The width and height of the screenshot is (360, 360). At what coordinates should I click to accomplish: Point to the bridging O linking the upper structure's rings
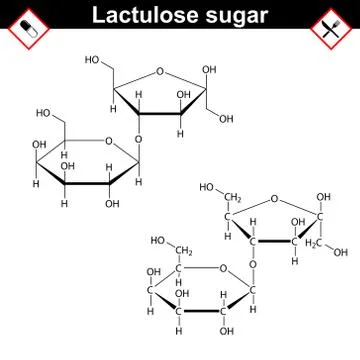pyautogui.click(x=137, y=139)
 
